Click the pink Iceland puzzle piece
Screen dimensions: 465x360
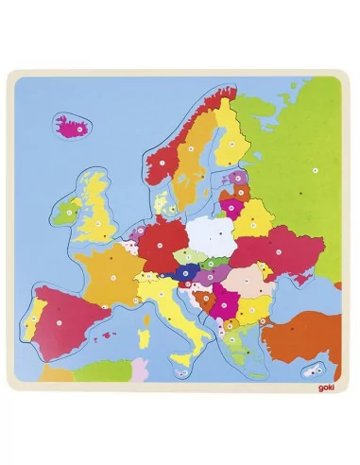tap(69, 127)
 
